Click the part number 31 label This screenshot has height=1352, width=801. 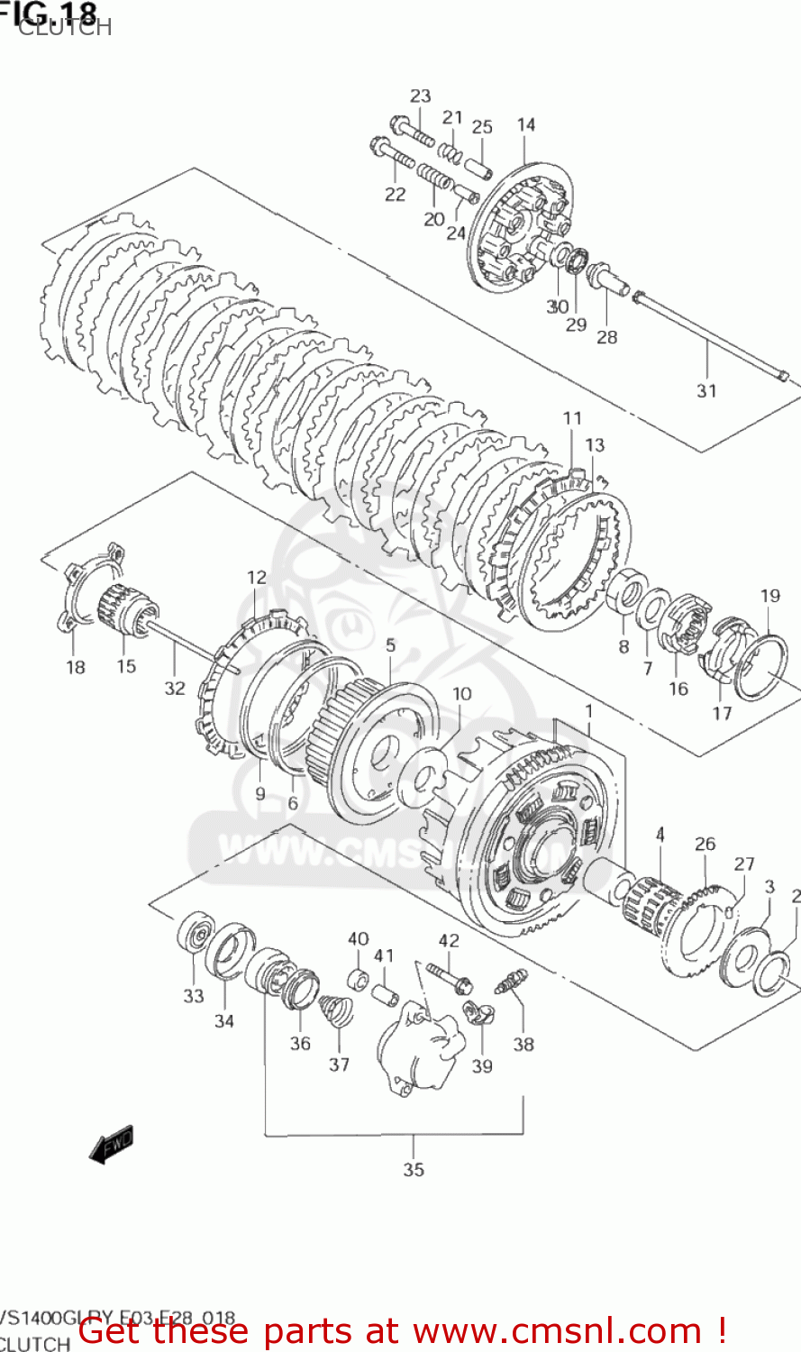(706, 390)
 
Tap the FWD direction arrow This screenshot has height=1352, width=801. (112, 1145)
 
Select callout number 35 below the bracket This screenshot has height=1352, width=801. (414, 1169)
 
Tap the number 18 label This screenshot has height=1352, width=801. (76, 667)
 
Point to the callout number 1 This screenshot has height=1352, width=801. (588, 711)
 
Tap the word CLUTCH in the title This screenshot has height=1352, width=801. (65, 27)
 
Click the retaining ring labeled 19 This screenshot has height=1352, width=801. (762, 668)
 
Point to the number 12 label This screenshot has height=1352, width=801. (257, 577)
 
